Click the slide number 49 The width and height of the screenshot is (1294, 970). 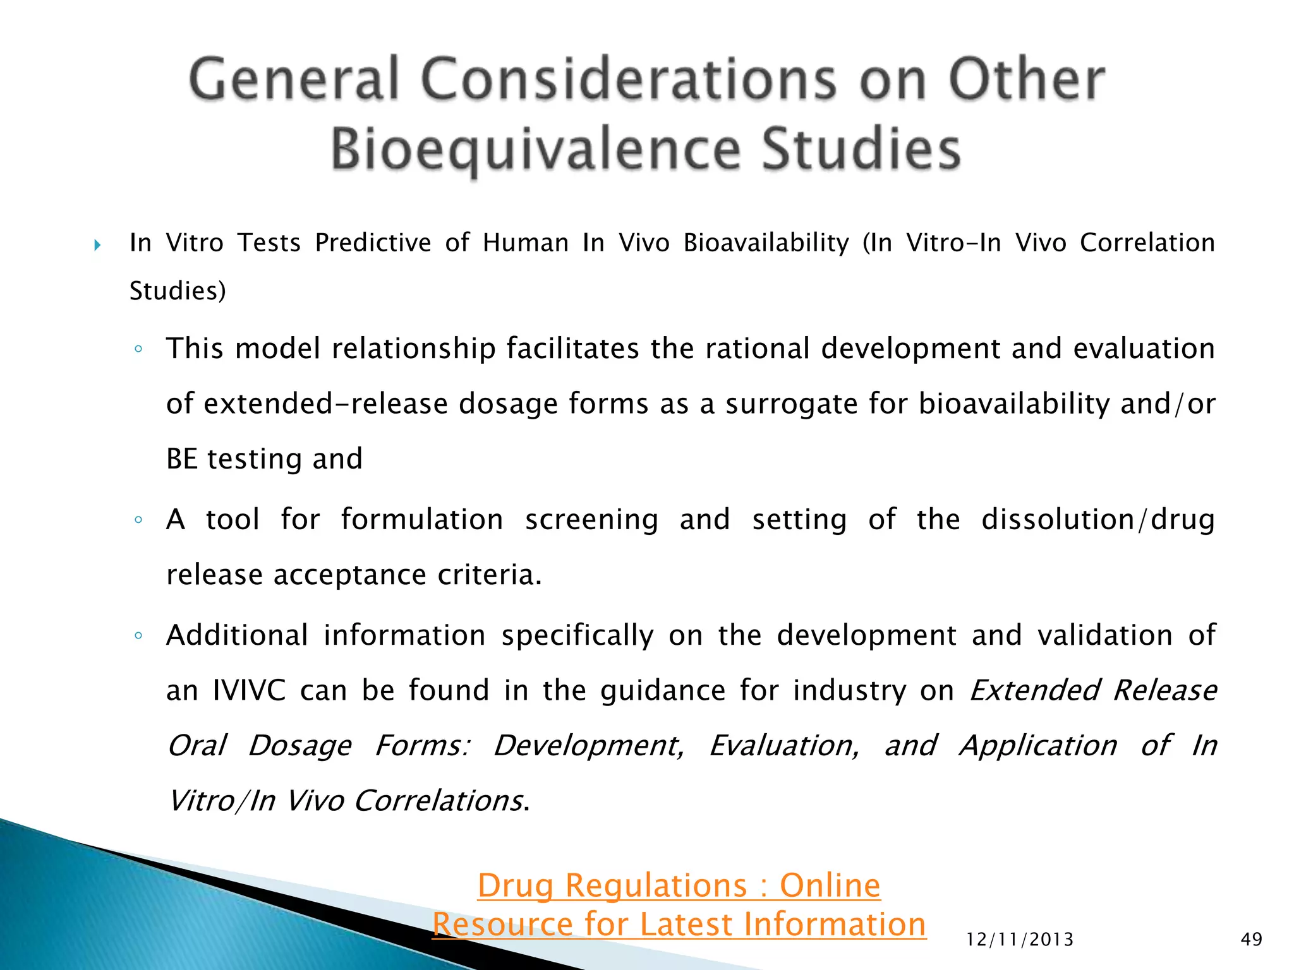(1251, 939)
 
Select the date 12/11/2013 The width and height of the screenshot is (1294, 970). (1020, 940)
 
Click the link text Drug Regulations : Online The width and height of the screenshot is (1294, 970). (679, 885)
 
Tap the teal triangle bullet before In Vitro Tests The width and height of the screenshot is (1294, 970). (97, 244)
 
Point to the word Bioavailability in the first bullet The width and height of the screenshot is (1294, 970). (766, 243)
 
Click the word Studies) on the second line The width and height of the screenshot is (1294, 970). (178, 291)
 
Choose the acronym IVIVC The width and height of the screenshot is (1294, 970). (249, 690)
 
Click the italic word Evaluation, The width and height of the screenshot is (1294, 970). (783, 746)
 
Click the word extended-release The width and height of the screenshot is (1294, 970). (326, 404)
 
